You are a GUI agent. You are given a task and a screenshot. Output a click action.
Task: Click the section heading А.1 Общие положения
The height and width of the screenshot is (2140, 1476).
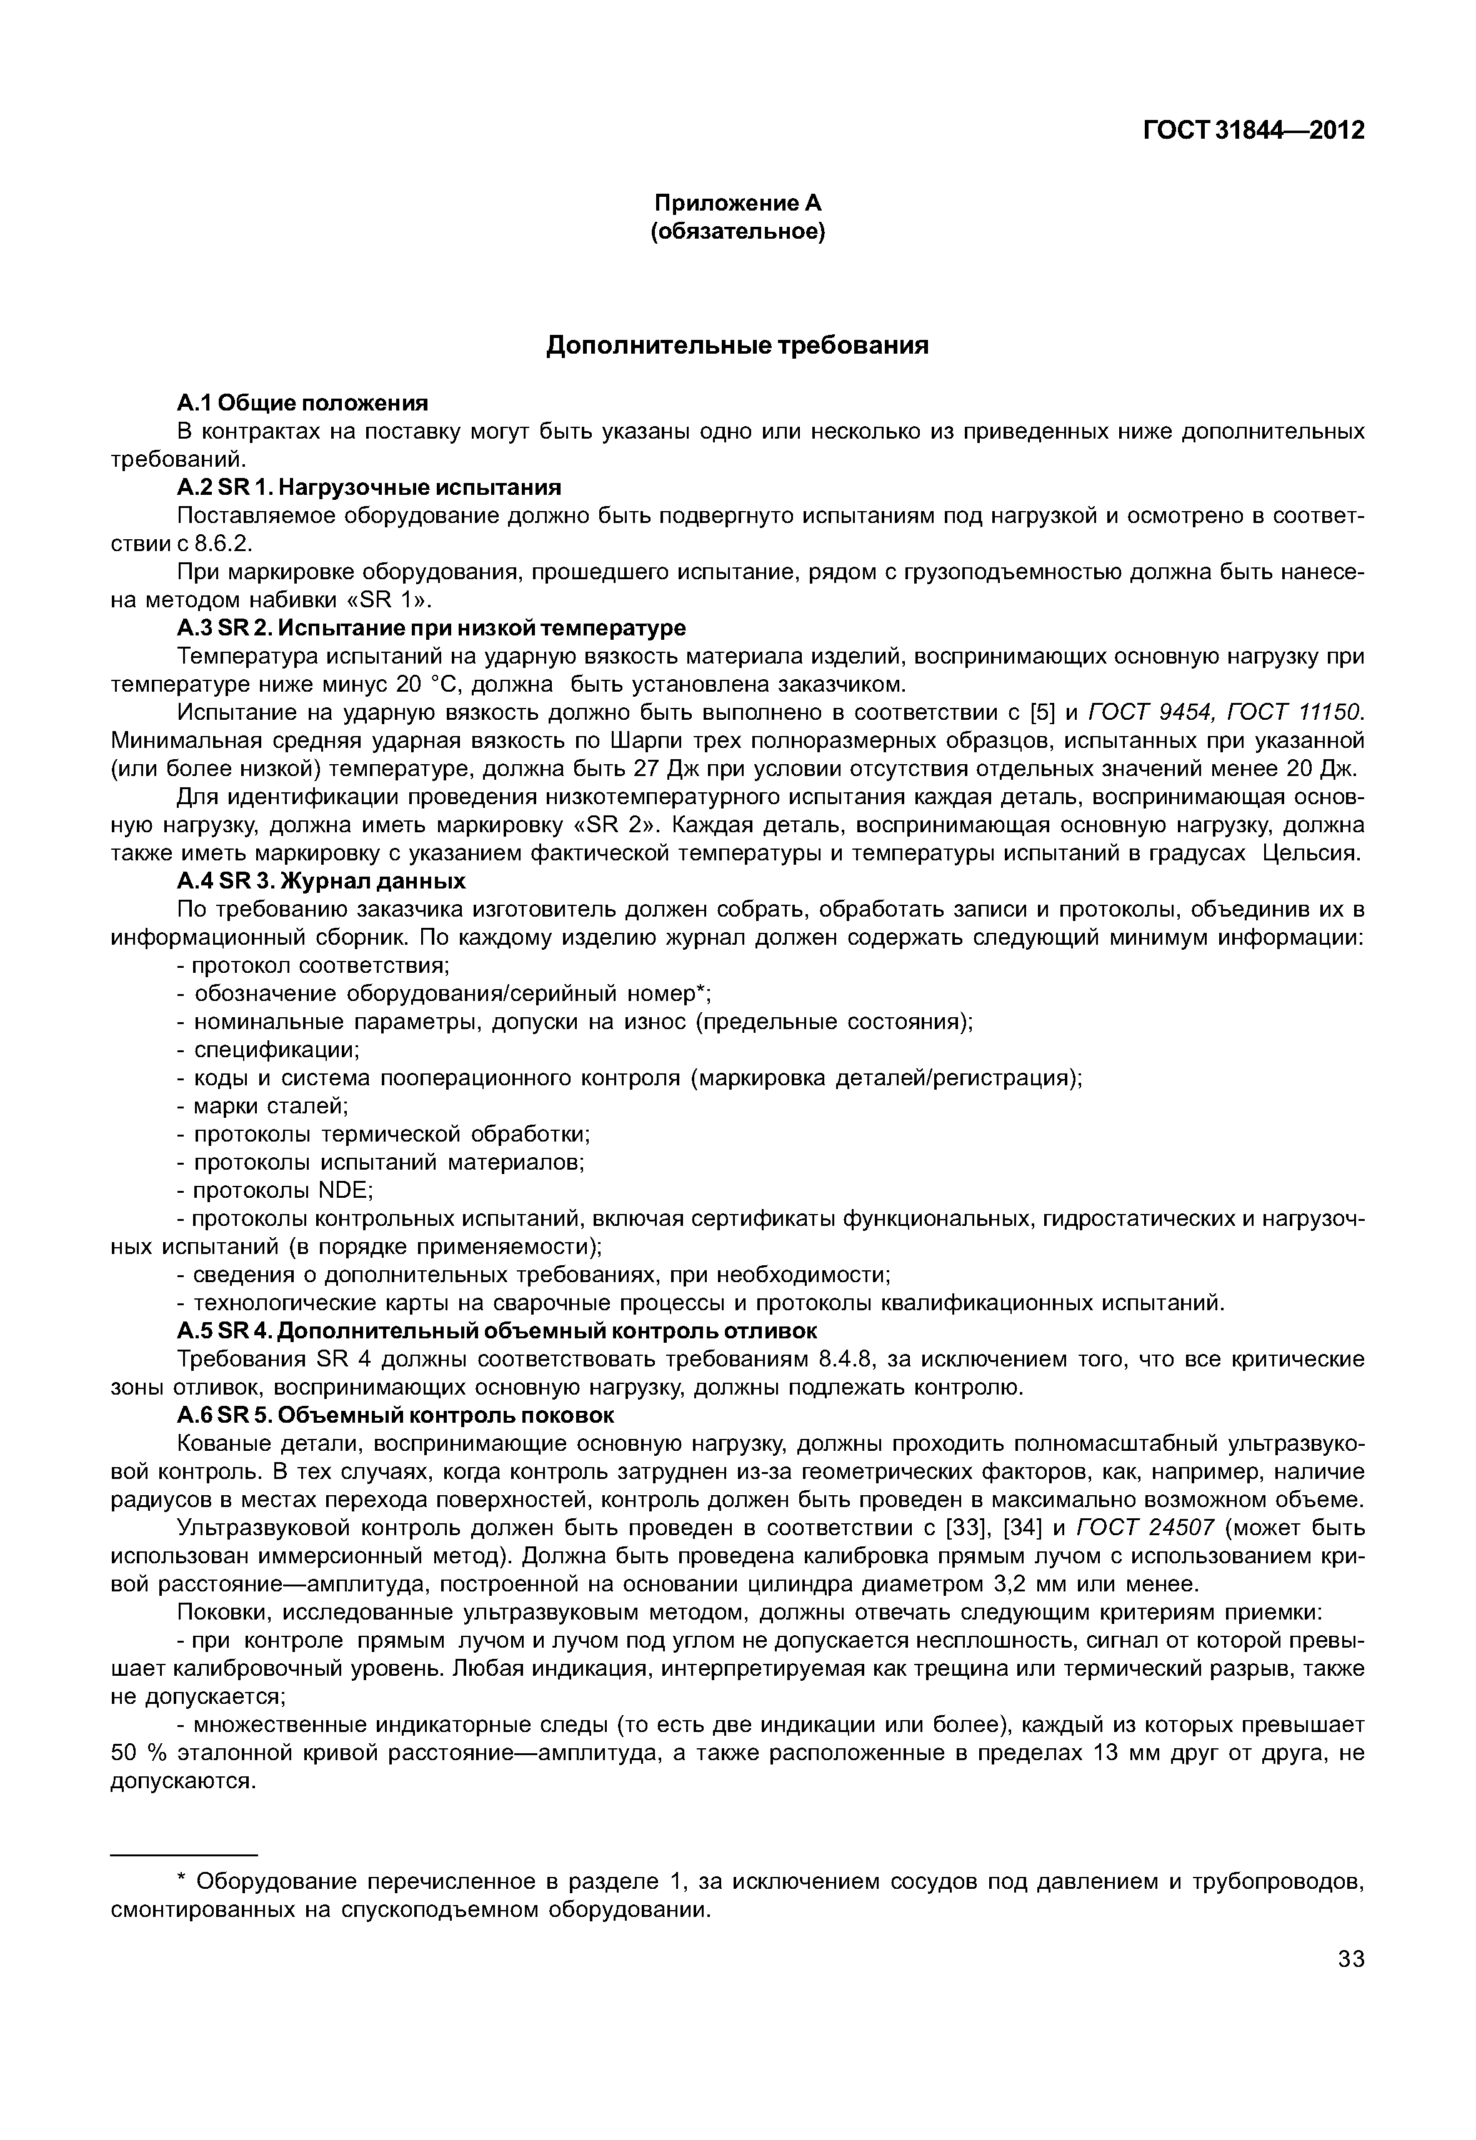[302, 403]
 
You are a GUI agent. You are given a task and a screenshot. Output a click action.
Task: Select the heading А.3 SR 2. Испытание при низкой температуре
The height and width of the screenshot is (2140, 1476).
[431, 628]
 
